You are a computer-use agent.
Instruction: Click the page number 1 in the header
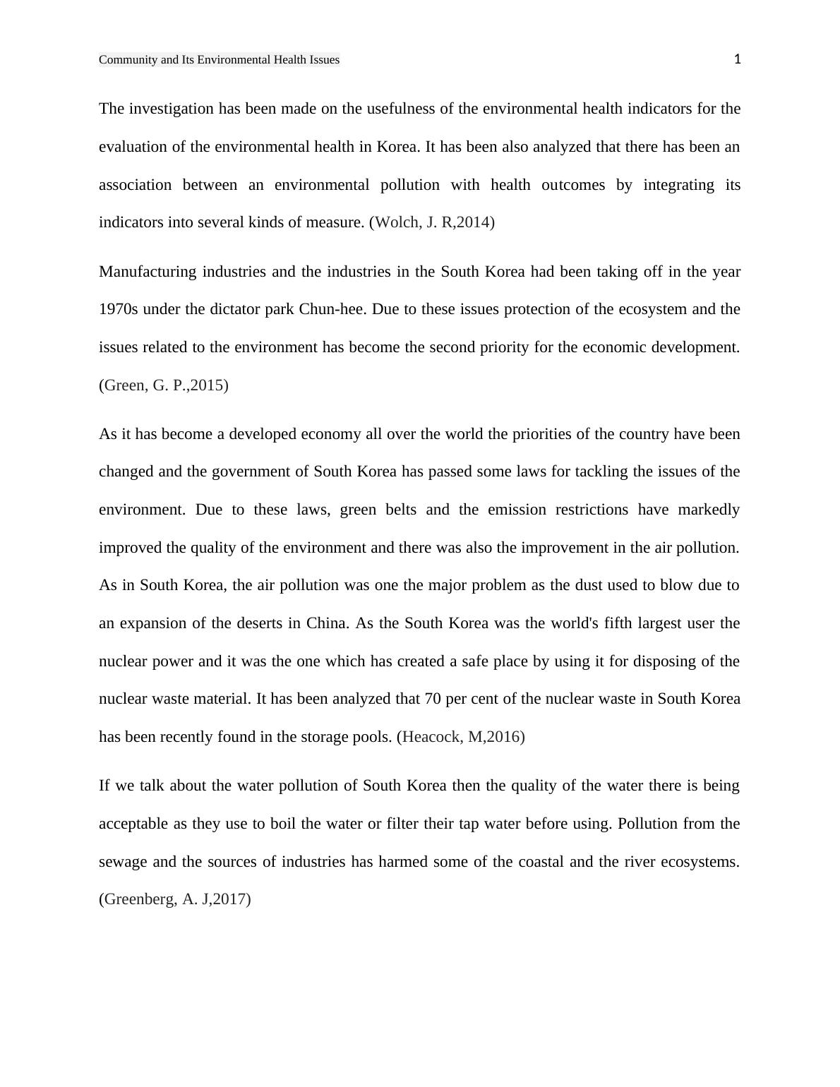click(x=737, y=59)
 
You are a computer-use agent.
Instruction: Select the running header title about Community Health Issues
click(x=219, y=60)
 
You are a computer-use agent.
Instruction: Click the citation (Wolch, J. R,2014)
click(x=432, y=222)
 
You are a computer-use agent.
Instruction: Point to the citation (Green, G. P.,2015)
click(x=164, y=385)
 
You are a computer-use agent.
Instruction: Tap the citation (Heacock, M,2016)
click(x=461, y=737)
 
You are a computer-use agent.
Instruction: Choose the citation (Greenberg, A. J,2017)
click(x=175, y=899)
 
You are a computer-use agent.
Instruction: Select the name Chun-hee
click(x=332, y=309)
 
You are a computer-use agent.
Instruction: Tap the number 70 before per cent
click(x=433, y=699)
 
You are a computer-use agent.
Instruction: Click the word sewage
click(x=123, y=862)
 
